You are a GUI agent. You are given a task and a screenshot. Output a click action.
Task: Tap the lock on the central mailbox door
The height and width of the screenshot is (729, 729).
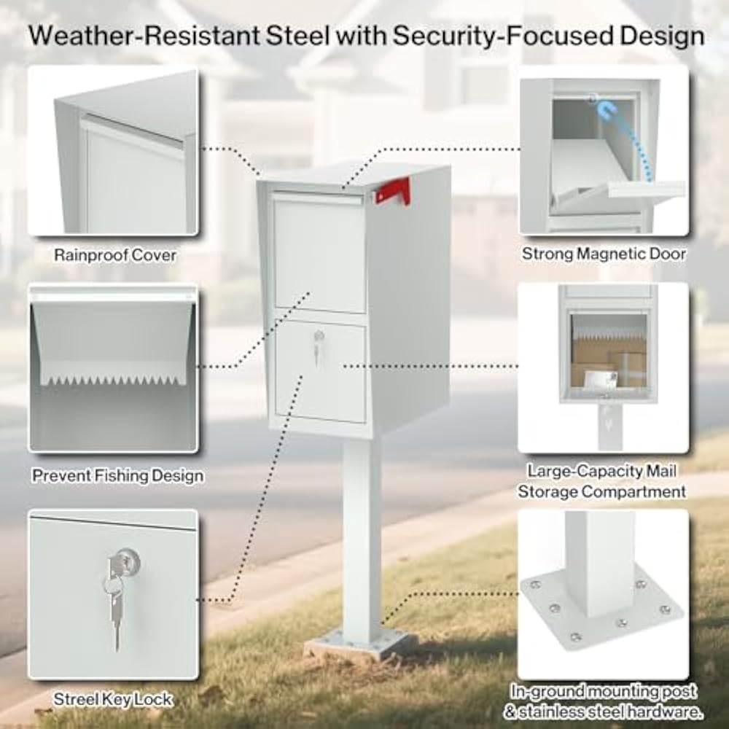pos(318,338)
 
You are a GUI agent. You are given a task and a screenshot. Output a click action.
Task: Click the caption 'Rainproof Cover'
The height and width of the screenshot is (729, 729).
pos(115,256)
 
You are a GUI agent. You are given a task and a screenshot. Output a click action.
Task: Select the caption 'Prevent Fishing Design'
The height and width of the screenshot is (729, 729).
pos(117,476)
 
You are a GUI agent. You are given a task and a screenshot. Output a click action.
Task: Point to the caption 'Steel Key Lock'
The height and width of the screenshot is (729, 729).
pos(113,699)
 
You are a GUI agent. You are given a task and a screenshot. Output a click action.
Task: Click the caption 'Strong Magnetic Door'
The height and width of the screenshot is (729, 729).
pos(604,254)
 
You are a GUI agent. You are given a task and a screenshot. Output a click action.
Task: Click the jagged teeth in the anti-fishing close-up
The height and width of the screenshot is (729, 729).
pos(113,380)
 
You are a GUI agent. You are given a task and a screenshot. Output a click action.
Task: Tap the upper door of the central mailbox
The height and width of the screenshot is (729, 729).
pos(319,252)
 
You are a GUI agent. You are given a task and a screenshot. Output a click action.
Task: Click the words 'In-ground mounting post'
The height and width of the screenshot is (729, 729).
pos(604,690)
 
